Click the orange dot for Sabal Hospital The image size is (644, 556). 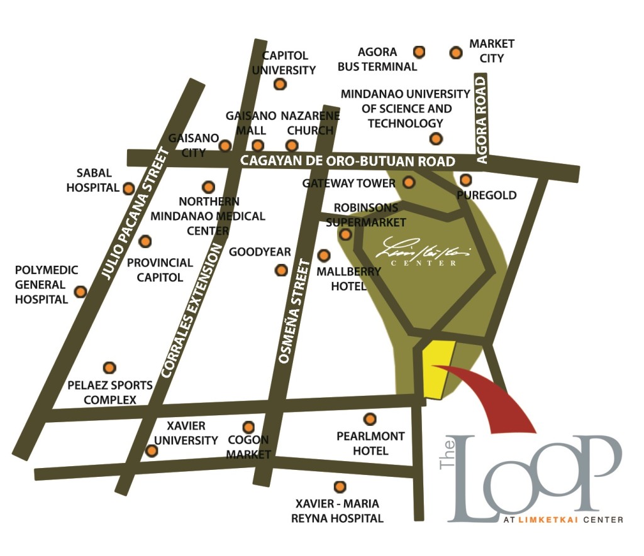[128, 188]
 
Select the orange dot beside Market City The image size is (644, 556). [456, 53]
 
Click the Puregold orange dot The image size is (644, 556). [466, 180]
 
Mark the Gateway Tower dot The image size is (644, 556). [409, 183]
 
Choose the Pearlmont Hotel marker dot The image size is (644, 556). [370, 419]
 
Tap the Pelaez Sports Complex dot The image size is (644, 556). [109, 368]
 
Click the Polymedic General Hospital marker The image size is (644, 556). [80, 292]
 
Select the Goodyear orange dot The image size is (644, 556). [281, 271]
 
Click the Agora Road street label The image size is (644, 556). [482, 120]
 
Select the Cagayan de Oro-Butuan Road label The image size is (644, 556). [348, 161]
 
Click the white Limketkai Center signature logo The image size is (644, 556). [424, 252]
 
